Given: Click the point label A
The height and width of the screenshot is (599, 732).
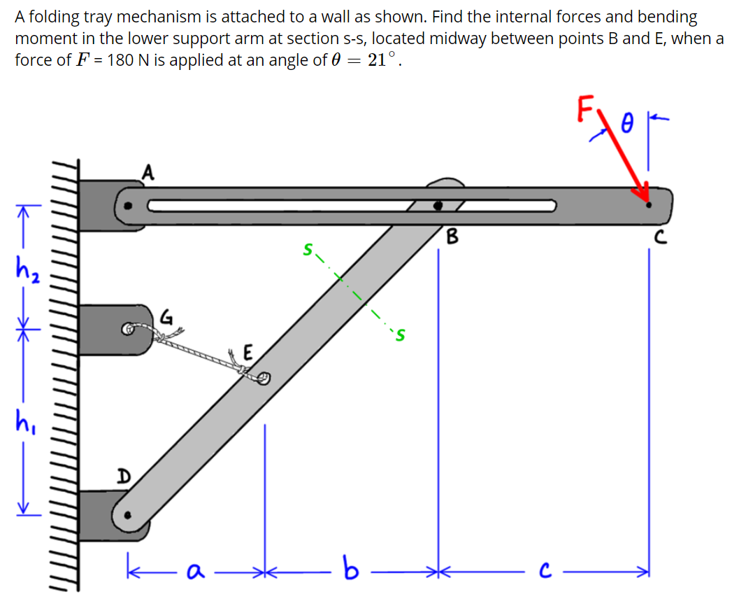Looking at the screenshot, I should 148,171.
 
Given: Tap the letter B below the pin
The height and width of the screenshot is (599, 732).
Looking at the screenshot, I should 452,237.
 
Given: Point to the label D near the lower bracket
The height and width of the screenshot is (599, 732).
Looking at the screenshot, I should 122,477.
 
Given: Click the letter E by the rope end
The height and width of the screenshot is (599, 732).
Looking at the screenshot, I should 248,352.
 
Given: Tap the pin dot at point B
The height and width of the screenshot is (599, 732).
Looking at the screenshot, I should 438,206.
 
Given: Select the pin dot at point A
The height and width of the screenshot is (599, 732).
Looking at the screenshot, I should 127,206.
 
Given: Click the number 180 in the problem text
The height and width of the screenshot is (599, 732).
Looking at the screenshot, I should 122,59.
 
